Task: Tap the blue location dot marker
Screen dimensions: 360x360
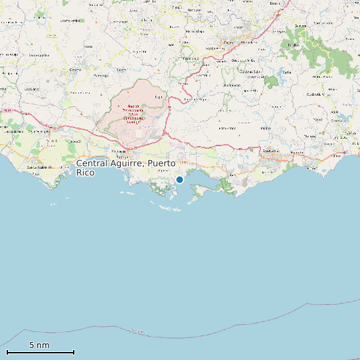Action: (179, 179)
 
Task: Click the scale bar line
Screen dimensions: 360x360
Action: (40, 351)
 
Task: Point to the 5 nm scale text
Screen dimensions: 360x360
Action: (39, 345)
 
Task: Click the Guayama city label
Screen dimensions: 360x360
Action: (270, 151)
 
